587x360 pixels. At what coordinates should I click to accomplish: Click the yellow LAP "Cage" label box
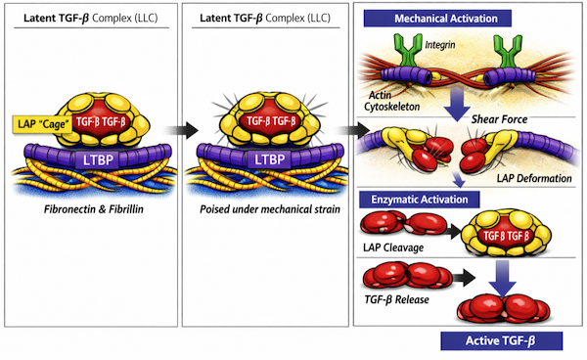(42, 124)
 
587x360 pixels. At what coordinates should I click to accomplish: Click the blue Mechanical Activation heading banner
(437, 19)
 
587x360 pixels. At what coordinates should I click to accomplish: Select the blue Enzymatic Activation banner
(420, 200)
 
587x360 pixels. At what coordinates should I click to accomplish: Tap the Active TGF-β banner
(501, 340)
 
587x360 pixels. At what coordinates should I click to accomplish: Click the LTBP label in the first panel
(98, 159)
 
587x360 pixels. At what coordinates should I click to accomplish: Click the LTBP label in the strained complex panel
(270, 159)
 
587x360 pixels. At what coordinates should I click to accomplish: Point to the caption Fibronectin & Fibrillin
(94, 209)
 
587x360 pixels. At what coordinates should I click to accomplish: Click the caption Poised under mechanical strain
(270, 209)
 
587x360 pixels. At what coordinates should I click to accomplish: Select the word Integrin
(440, 45)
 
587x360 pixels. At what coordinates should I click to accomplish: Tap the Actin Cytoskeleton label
(392, 101)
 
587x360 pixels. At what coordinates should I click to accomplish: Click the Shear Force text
(499, 119)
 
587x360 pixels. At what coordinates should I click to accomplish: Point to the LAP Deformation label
(534, 178)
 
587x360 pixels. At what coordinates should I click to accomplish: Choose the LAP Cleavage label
(393, 247)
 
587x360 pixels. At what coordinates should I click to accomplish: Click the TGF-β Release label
(397, 299)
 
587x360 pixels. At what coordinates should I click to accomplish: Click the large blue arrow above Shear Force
(457, 105)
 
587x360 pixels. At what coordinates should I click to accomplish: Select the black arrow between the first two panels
(182, 130)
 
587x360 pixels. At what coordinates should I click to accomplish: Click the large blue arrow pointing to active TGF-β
(503, 279)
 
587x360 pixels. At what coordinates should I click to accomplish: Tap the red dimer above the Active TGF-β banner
(504, 309)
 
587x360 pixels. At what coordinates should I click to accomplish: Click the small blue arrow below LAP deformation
(459, 180)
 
